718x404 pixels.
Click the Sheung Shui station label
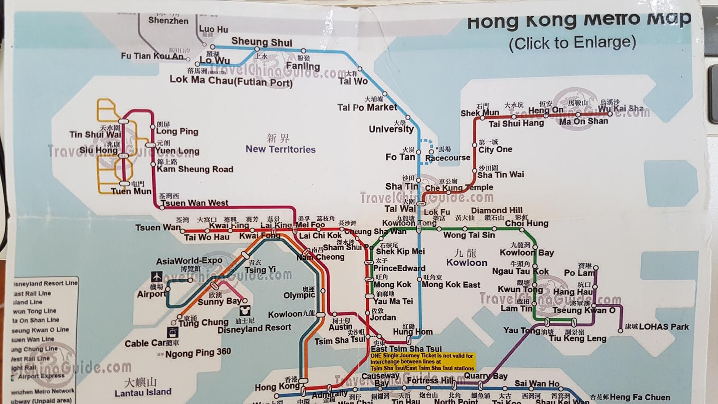click(262, 43)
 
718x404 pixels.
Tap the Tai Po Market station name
click(367, 107)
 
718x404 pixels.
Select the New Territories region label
click(280, 149)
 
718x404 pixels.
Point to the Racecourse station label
click(447, 158)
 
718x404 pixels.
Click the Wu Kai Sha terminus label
click(621, 109)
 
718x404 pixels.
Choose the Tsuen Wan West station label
click(194, 203)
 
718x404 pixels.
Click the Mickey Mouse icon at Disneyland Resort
click(245, 311)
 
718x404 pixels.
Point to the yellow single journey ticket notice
click(422, 362)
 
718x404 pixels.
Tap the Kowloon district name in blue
click(467, 263)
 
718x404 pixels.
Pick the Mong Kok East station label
click(451, 285)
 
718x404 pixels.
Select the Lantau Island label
click(143, 392)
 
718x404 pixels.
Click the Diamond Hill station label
click(496, 210)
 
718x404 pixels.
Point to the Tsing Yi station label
click(260, 270)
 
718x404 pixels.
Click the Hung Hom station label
click(412, 332)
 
